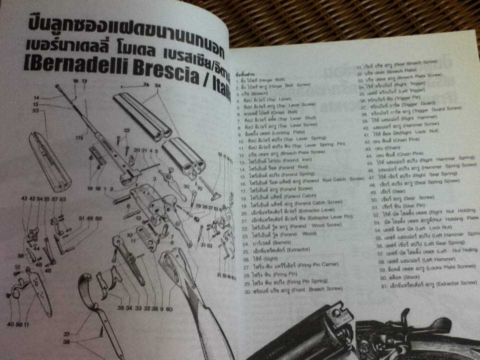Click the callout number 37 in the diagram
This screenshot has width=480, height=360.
pos(66,334)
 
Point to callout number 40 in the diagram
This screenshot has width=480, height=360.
pos(10,324)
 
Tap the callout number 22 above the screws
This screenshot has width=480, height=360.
pos(127,131)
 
